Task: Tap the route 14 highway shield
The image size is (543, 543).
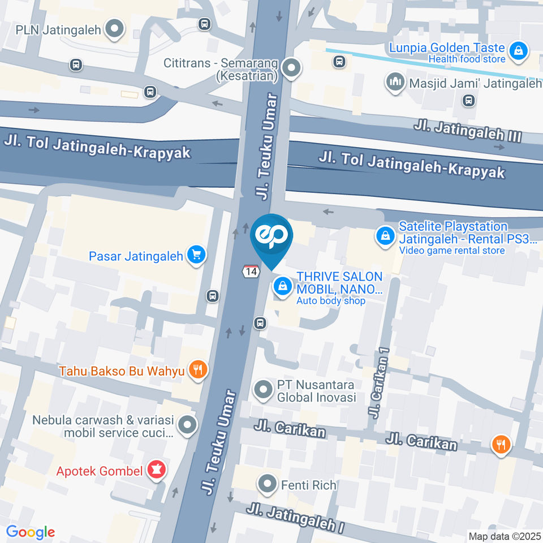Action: (251, 271)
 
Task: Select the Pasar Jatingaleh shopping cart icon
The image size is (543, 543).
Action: (197, 255)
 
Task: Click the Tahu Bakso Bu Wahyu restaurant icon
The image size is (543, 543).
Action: (197, 370)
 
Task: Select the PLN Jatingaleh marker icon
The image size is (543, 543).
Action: (115, 29)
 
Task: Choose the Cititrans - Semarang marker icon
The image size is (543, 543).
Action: (291, 68)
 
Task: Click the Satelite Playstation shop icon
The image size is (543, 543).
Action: (385, 236)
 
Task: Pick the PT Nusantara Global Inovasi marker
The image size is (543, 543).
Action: (263, 390)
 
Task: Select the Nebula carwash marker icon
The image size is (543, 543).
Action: (187, 425)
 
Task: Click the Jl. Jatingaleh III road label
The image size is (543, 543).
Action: (467, 130)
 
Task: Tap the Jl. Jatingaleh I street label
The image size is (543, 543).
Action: (295, 518)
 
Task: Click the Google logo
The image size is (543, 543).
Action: (30, 532)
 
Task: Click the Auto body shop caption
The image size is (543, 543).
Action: (331, 301)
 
